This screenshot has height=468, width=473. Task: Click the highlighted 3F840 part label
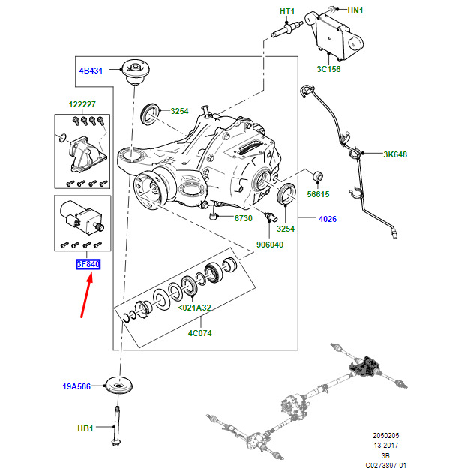[87, 264]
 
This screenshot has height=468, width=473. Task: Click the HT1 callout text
[287, 11]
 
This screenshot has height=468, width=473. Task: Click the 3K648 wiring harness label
[394, 155]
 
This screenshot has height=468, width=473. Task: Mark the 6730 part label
[242, 218]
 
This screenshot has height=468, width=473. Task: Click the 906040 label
[269, 244]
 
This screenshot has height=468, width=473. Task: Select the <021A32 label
[194, 307]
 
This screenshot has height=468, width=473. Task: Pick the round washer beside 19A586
[117, 385]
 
